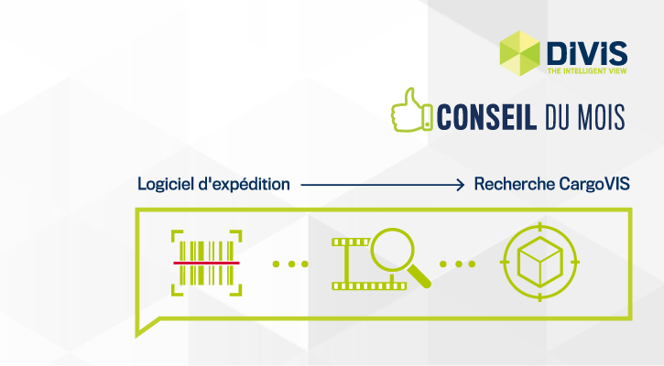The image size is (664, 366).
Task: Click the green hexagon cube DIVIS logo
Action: click(519, 53)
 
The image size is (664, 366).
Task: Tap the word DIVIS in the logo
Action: click(587, 54)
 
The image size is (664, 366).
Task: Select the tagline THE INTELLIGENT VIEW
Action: click(587, 70)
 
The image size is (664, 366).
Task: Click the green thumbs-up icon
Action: click(411, 110)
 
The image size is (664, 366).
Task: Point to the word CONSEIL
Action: click(486, 117)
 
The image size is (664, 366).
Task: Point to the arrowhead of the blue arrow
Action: click(461, 185)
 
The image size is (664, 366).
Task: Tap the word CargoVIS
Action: click(594, 185)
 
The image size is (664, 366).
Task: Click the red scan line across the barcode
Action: click(206, 264)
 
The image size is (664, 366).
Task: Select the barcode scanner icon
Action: click(206, 263)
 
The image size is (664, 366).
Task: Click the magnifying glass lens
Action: click(392, 250)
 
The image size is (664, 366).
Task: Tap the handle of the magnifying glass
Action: click(419, 277)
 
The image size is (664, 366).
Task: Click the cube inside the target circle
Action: click(540, 262)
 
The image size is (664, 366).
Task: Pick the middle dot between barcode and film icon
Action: click(291, 264)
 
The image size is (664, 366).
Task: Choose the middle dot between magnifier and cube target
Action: click(459, 264)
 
